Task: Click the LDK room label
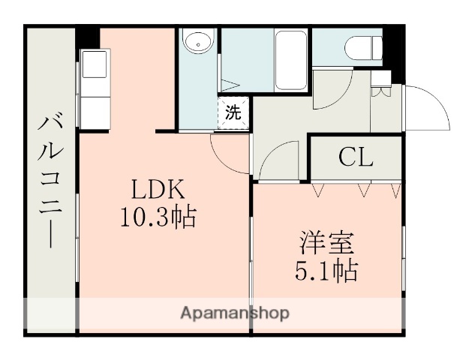click(158, 188)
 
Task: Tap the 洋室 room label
click(329, 243)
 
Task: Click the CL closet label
click(355, 157)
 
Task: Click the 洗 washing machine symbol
click(234, 113)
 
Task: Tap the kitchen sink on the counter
click(95, 65)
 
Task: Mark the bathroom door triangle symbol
click(230, 83)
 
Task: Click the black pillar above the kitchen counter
click(89, 37)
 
